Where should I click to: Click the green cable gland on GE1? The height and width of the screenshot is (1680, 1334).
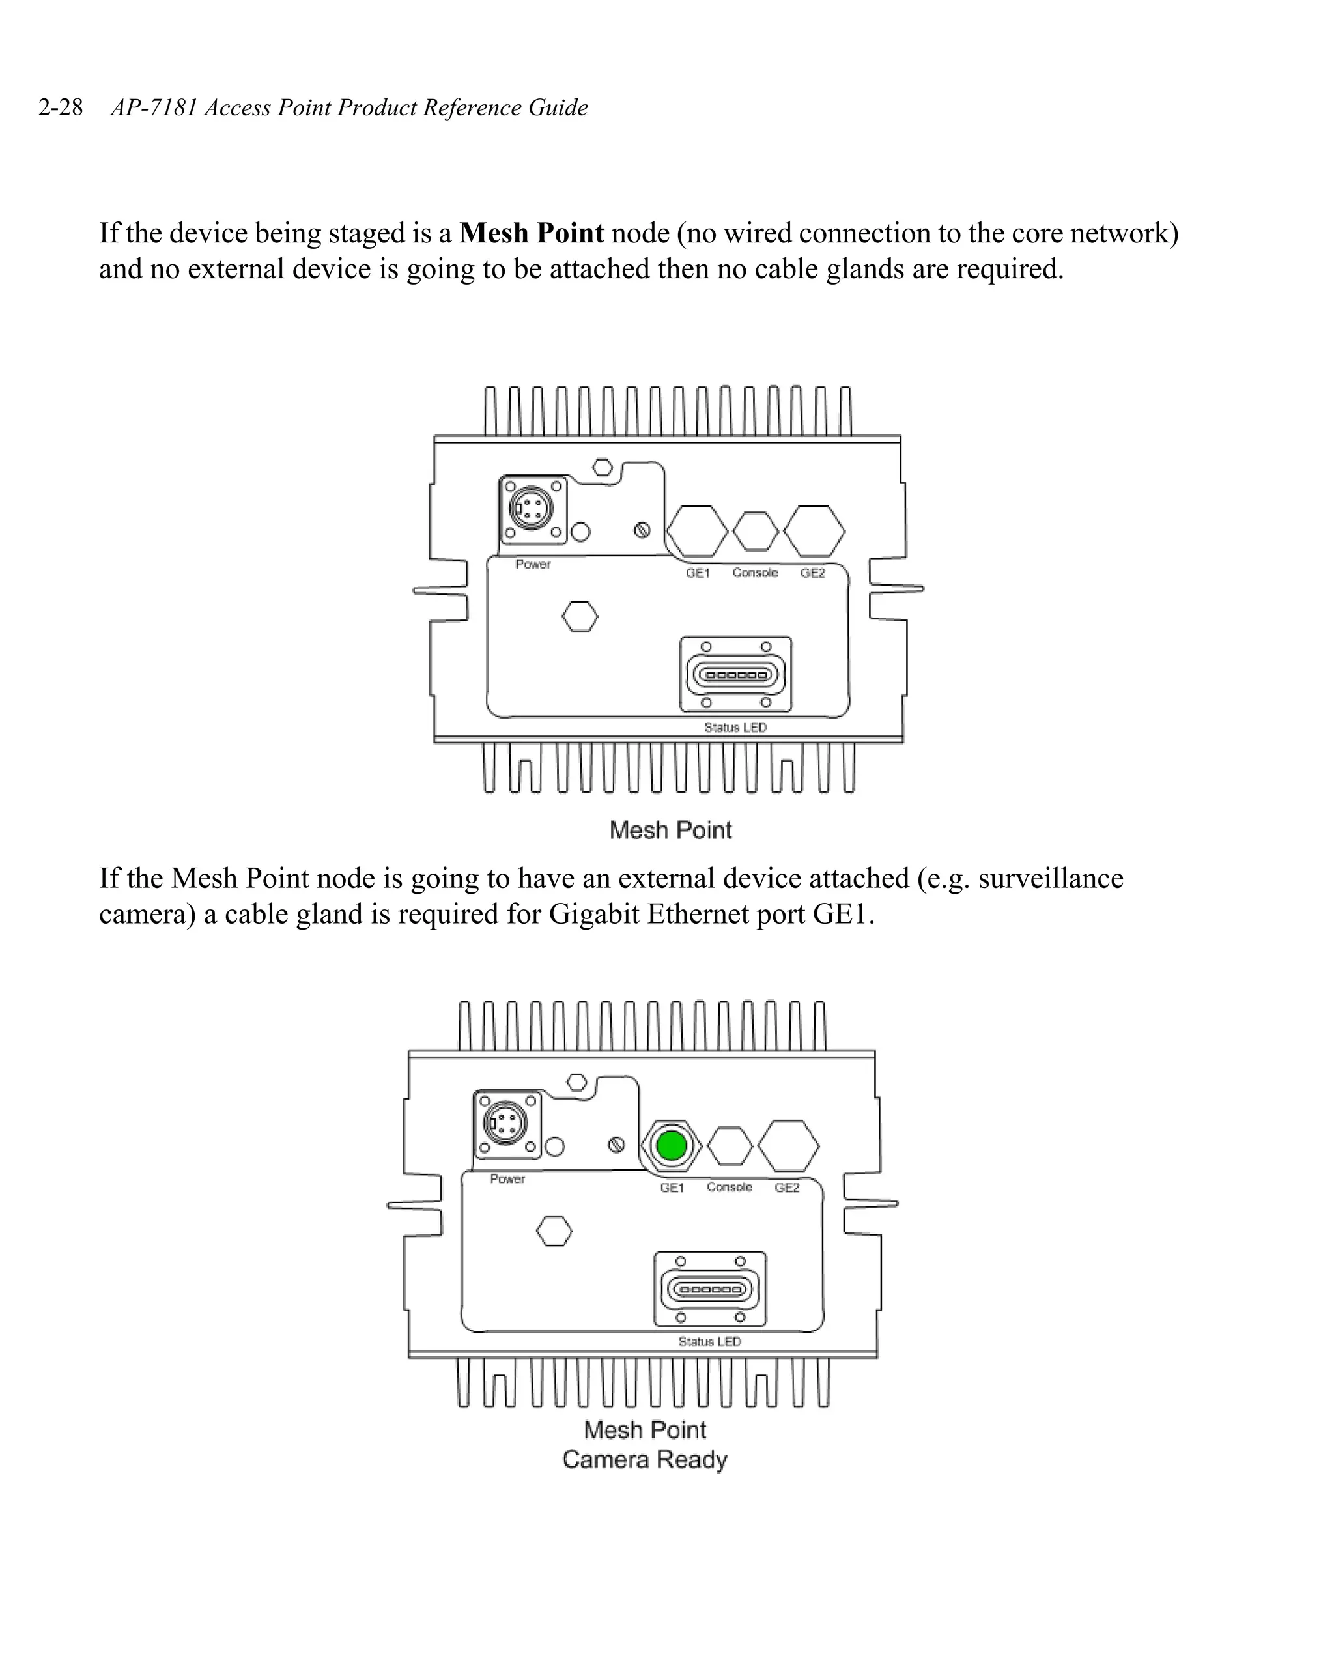point(671,1145)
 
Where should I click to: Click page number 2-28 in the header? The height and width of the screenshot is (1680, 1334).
point(60,107)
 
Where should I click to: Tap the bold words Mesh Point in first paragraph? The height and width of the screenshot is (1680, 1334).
point(532,233)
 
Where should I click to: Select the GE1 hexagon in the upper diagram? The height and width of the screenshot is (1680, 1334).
point(696,532)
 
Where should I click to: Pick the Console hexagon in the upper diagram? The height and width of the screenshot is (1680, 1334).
point(755,532)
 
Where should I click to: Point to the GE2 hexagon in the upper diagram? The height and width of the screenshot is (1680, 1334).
point(814,532)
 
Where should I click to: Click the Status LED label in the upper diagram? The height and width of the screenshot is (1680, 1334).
point(735,727)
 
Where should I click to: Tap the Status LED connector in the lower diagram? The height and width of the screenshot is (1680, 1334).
point(710,1289)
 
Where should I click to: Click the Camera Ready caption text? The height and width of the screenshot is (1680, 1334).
point(644,1459)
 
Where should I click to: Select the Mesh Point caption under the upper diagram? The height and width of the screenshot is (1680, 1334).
point(670,830)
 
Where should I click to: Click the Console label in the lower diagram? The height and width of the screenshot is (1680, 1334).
point(730,1187)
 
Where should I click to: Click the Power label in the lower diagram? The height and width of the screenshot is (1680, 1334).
point(507,1179)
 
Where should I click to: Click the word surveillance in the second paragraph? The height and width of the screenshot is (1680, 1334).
point(1051,878)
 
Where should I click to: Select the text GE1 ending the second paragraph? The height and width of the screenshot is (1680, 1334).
point(840,914)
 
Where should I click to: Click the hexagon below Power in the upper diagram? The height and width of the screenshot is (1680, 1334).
point(580,616)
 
